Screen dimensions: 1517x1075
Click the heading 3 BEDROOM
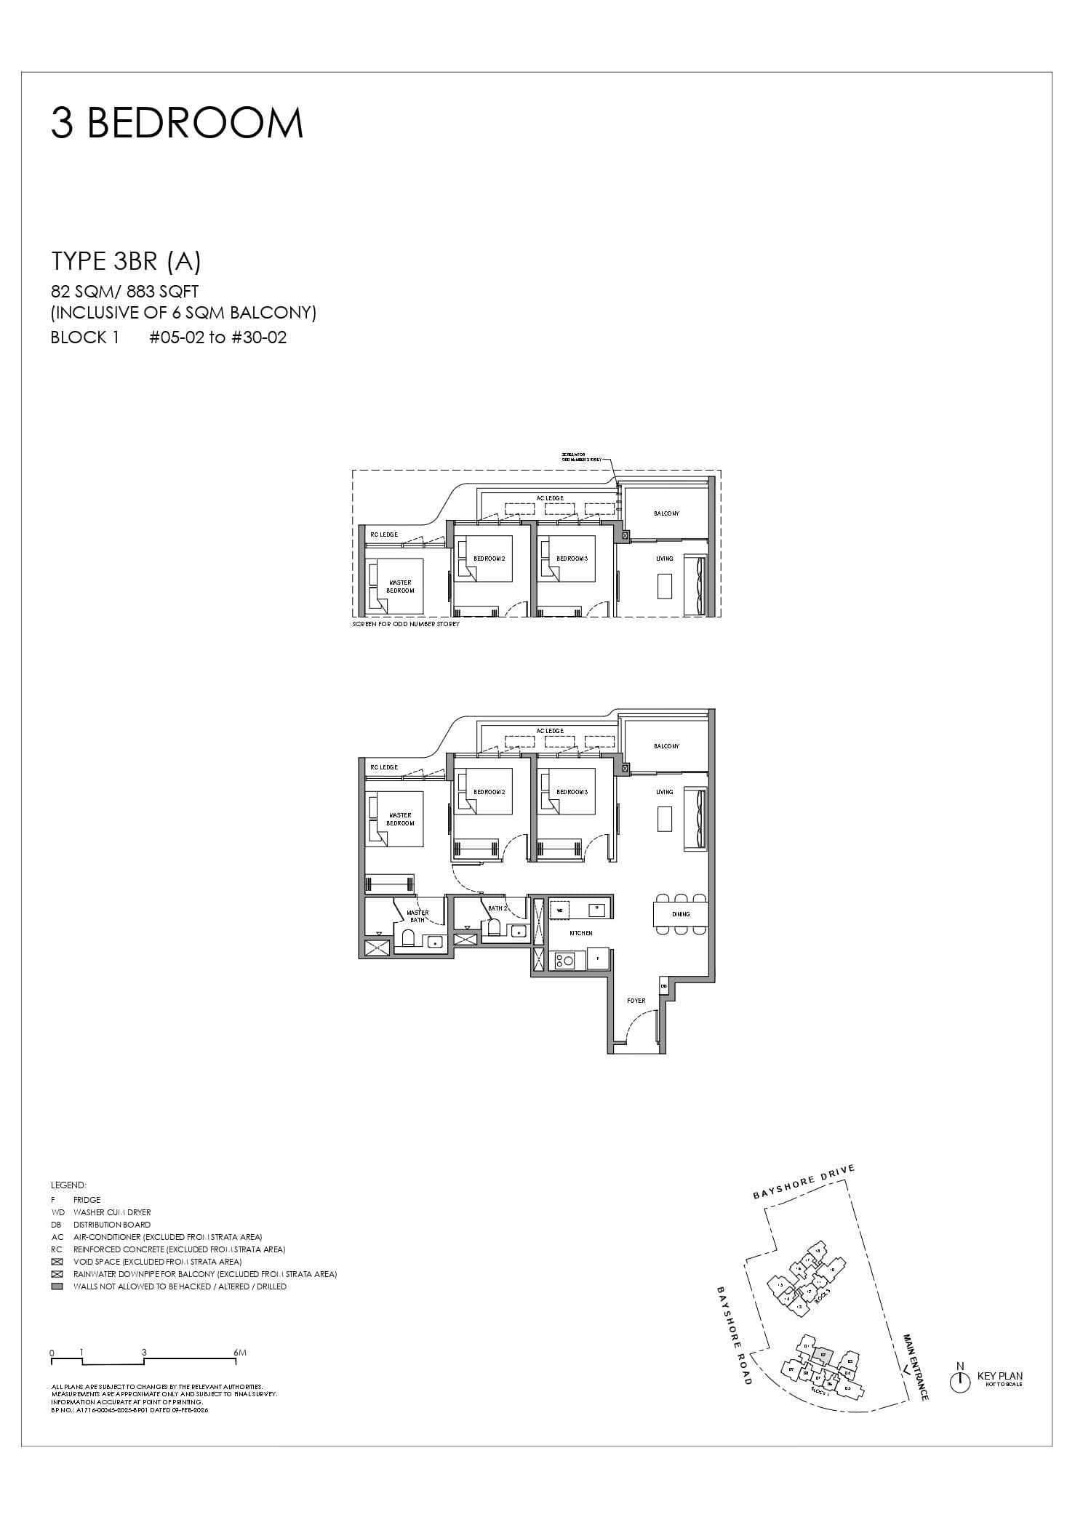177,124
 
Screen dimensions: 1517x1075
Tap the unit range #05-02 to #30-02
218,337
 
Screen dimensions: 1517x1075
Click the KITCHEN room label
580,933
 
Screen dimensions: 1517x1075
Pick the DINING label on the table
680,914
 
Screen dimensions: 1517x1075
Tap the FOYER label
636,1001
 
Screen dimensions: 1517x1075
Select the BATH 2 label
497,908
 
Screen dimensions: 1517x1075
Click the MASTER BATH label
417,916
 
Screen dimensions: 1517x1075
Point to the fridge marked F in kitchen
598,958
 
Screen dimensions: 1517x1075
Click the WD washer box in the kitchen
560,910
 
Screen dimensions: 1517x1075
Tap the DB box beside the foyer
664,986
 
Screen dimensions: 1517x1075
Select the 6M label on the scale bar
241,1353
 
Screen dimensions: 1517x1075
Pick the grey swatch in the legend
57,1286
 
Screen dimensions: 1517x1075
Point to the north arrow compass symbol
960,1382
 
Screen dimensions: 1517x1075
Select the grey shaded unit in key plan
822,1355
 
